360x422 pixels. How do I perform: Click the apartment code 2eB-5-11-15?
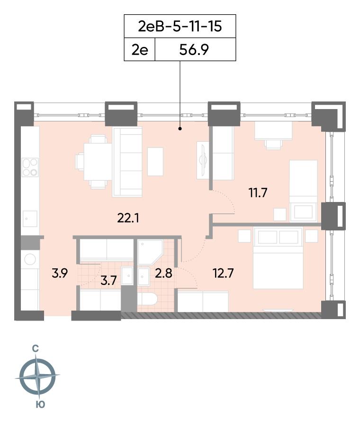pyautogui.click(x=180, y=27)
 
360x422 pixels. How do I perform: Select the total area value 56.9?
pyautogui.click(x=194, y=49)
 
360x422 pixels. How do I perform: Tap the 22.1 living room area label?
pyautogui.click(x=128, y=218)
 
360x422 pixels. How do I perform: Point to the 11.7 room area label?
pyautogui.click(x=258, y=193)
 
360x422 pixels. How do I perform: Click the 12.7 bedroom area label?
pyautogui.click(x=223, y=273)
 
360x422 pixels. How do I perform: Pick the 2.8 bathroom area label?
pyautogui.click(x=163, y=273)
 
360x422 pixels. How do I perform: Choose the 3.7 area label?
pyautogui.click(x=108, y=281)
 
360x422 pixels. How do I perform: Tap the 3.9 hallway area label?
pyautogui.click(x=60, y=274)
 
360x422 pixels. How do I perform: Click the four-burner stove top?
pyautogui.click(x=30, y=167)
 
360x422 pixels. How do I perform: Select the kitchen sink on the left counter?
pyautogui.click(x=30, y=219)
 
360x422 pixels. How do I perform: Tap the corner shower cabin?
pyautogui.click(x=150, y=252)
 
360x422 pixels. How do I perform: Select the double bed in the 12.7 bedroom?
pyautogui.click(x=279, y=258)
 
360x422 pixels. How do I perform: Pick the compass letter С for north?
pyautogui.click(x=35, y=349)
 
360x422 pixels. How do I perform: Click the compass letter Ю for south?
pyautogui.click(x=40, y=404)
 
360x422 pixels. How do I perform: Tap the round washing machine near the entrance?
pyautogui.click(x=30, y=259)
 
